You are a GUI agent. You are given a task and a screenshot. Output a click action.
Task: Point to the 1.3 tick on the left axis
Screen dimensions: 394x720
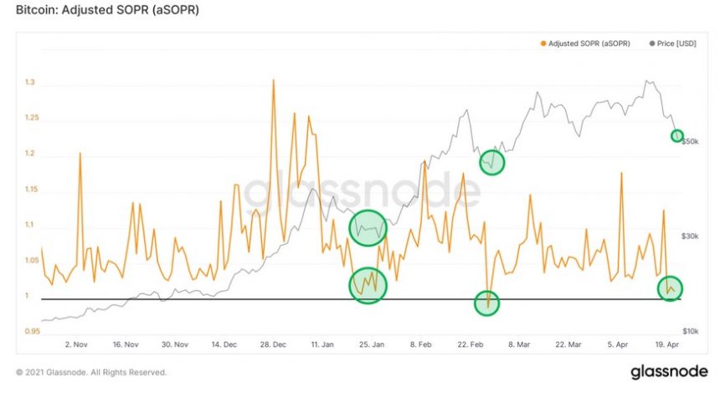[30, 84]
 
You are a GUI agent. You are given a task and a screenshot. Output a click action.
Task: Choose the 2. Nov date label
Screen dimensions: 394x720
[76, 345]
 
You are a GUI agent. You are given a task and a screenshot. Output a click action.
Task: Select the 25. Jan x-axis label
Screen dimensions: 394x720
[371, 345]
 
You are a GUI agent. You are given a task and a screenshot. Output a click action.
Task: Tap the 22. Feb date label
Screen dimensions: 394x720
[471, 345]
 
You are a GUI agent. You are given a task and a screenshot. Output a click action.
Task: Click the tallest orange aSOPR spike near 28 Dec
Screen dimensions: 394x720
[274, 80]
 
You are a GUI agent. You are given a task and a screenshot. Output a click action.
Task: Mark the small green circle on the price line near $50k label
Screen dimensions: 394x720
[677, 136]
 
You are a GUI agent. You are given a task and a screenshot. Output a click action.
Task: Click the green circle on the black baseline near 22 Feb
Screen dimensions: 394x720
[487, 303]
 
